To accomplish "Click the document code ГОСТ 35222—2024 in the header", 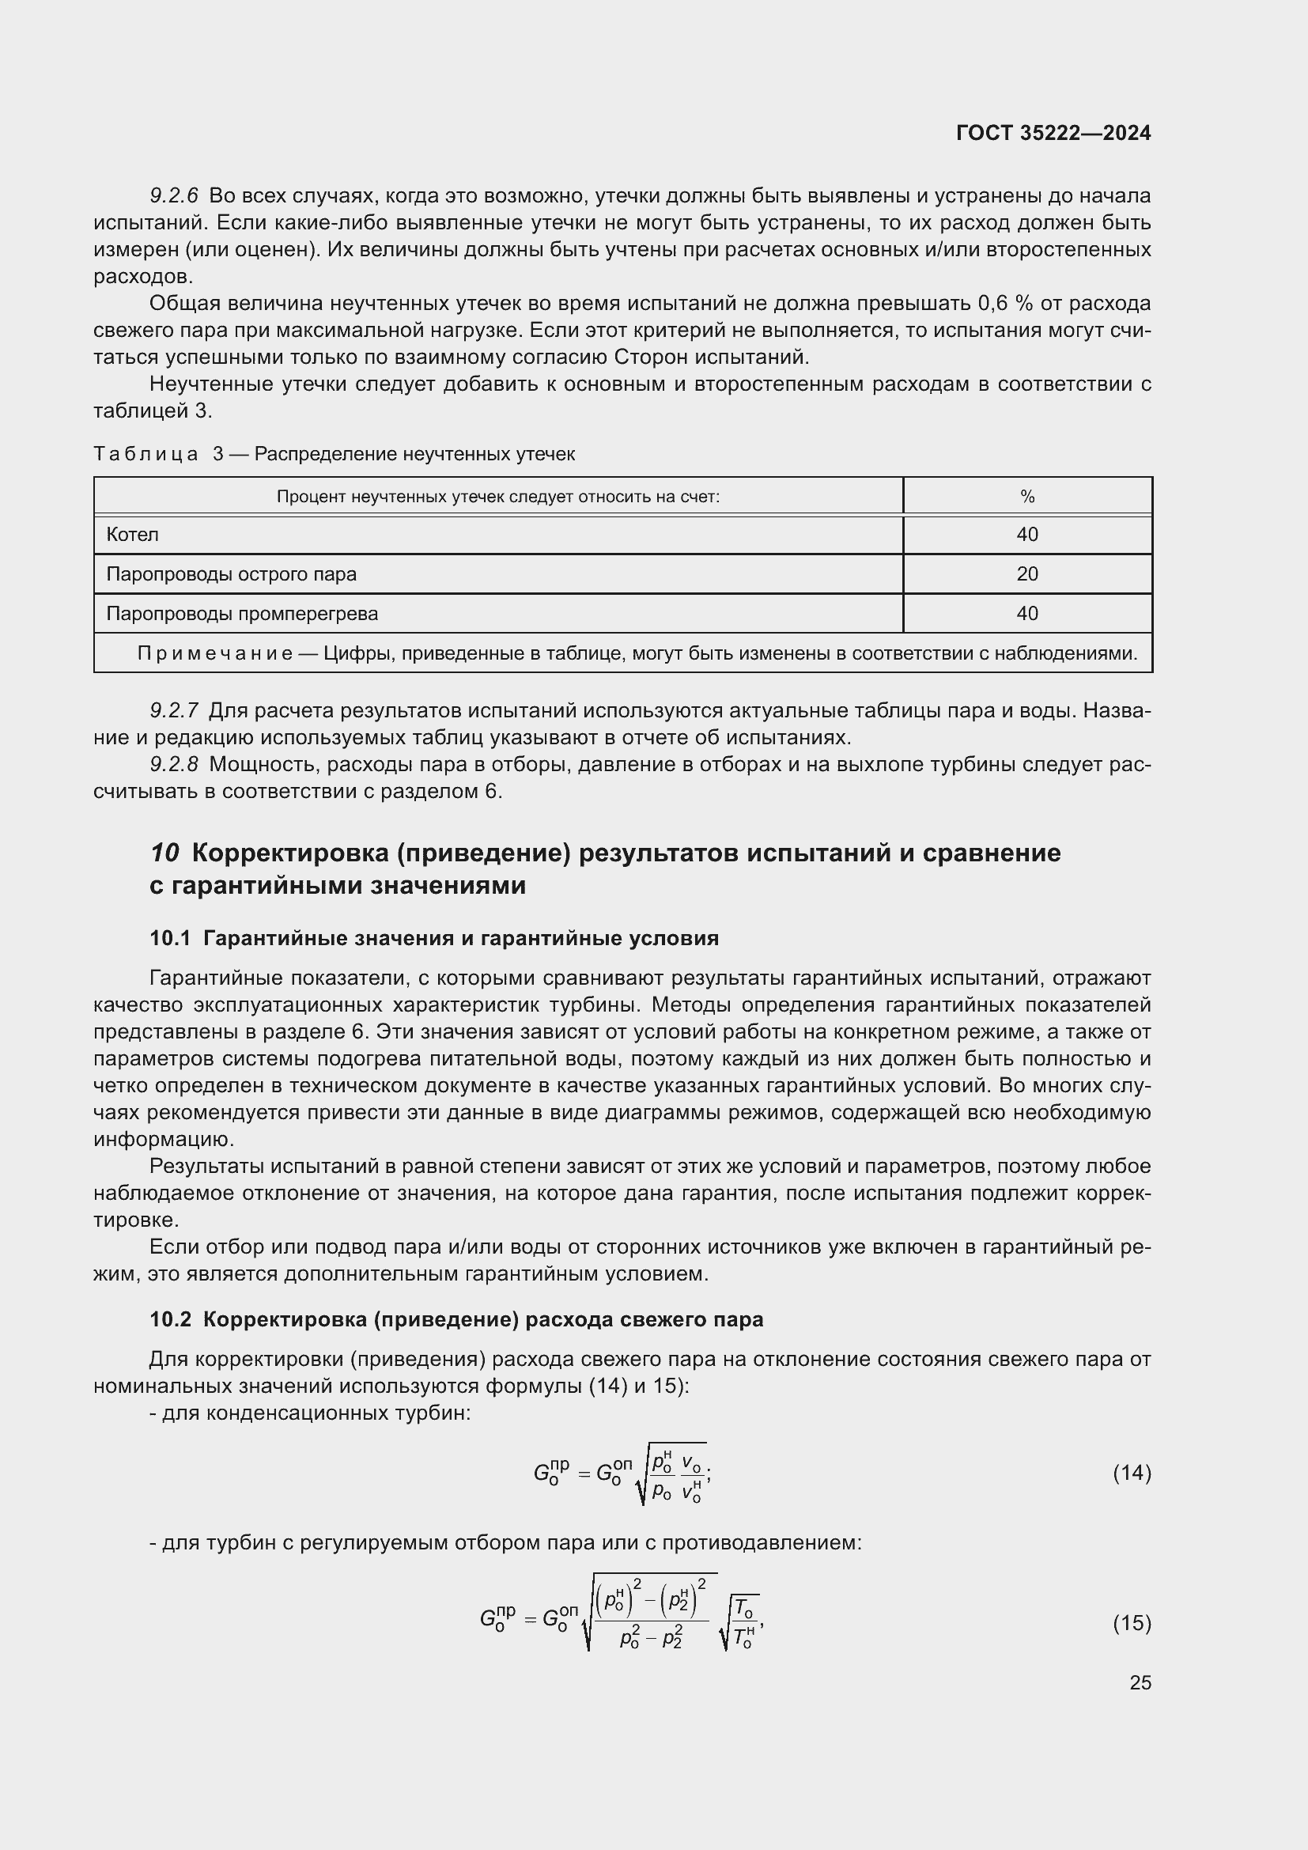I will [x=1053, y=133].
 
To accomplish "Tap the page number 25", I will [x=1140, y=1682].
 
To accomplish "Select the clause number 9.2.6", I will [x=174, y=196].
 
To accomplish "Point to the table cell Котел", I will [x=133, y=534].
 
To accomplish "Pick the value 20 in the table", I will [x=1027, y=573].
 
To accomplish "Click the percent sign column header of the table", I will [x=1027, y=497].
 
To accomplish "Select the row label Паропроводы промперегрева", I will [x=242, y=613].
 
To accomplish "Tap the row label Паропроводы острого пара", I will [x=231, y=573].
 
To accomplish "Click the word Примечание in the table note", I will [x=214, y=653].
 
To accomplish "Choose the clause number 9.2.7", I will [x=174, y=711].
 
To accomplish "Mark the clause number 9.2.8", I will [x=174, y=764].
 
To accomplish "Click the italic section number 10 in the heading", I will [x=164, y=853].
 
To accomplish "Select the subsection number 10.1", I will [x=170, y=938].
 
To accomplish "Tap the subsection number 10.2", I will [x=170, y=1319].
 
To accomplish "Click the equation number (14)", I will [x=1132, y=1473].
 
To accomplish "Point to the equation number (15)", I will [x=1132, y=1622].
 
